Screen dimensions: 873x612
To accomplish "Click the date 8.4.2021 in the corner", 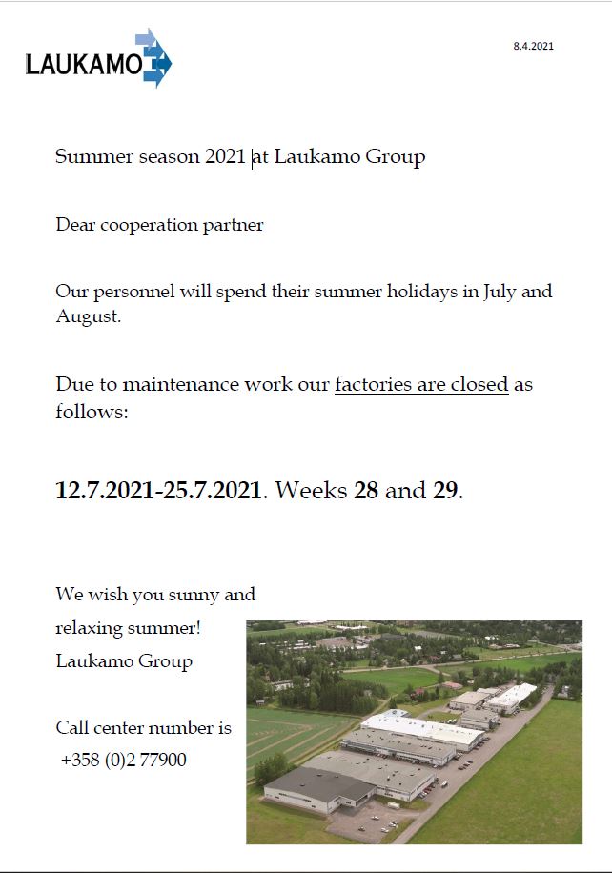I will click(x=533, y=46).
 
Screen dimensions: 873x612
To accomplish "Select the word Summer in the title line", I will click(x=93, y=157).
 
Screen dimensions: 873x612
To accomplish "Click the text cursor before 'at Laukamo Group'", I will click(x=253, y=157).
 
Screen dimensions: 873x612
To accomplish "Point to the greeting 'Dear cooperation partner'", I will click(x=159, y=226).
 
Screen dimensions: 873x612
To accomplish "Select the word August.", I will click(x=88, y=316).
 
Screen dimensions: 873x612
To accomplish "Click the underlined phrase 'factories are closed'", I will click(x=420, y=385).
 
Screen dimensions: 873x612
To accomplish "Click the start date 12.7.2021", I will click(x=106, y=491).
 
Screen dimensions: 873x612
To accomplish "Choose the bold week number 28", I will click(x=366, y=491).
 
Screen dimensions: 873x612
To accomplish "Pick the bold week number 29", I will click(x=445, y=491).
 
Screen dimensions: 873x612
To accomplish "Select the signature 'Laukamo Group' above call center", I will click(x=124, y=661).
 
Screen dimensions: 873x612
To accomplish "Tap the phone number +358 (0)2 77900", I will click(x=123, y=761).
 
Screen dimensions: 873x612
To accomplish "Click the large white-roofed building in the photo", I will click(x=421, y=730).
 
